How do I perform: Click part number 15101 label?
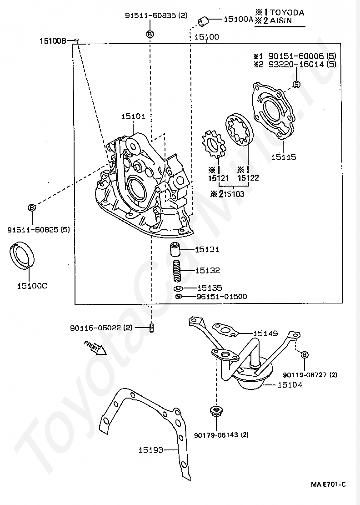(133, 116)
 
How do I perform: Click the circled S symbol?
(296, 84)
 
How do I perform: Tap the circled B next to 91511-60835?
(150, 34)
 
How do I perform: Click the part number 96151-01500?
(221, 297)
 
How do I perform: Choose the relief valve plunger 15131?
(175, 250)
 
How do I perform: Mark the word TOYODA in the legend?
(288, 13)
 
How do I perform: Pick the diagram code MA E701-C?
(328, 485)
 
